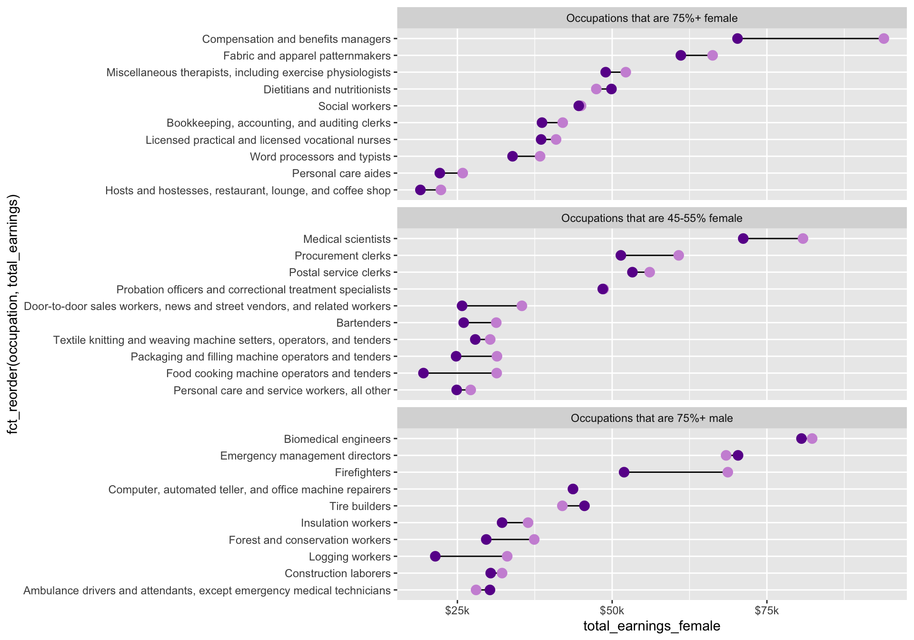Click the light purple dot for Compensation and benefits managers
[884, 39]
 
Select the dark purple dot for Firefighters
[624, 472]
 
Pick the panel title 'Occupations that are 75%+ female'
[652, 19]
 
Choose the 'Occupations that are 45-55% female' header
[652, 219]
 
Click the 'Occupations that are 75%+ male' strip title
[652, 419]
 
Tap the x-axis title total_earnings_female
[652, 626]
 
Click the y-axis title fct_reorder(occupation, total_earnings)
[13, 314]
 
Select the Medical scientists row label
[347, 239]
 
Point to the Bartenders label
[363, 323]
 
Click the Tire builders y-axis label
[360, 506]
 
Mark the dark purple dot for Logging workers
[435, 556]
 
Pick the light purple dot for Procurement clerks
[678, 256]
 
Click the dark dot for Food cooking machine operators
[423, 373]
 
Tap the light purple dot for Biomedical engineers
[812, 439]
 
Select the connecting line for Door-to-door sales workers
[492, 306]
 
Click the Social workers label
[354, 106]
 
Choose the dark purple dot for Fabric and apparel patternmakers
[681, 56]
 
